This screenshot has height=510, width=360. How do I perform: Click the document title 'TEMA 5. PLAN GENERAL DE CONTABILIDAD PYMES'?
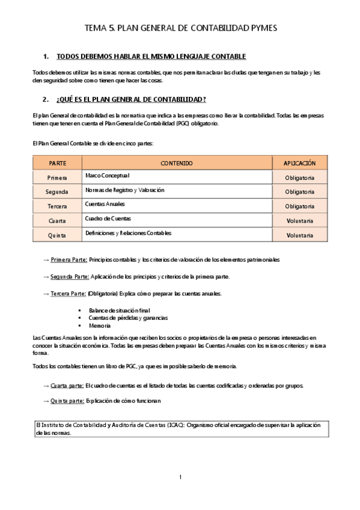tap(180, 28)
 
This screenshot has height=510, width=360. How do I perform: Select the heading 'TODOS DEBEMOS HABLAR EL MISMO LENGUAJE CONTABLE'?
tap(151, 57)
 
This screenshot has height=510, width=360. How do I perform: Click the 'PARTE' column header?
tap(57, 163)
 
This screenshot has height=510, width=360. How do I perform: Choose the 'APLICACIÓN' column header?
tap(299, 163)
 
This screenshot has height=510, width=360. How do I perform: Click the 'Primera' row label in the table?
tap(57, 177)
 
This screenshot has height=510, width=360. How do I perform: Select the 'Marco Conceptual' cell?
tap(108, 176)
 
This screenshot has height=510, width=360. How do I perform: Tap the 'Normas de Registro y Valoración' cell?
tap(124, 190)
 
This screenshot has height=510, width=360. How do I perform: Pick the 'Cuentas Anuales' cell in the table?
tap(105, 204)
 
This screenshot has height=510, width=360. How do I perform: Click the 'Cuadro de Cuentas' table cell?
tap(108, 218)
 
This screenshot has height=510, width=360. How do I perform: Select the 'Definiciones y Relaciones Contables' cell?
tap(129, 233)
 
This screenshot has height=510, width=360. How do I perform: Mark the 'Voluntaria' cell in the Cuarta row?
tap(299, 221)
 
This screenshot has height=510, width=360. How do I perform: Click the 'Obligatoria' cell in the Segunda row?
tap(299, 192)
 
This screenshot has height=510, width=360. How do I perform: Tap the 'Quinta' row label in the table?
tap(57, 235)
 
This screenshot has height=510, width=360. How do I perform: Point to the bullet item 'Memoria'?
tap(99, 325)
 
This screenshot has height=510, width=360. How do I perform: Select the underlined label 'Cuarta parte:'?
tap(67, 385)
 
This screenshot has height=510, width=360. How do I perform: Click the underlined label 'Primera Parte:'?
tap(69, 260)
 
